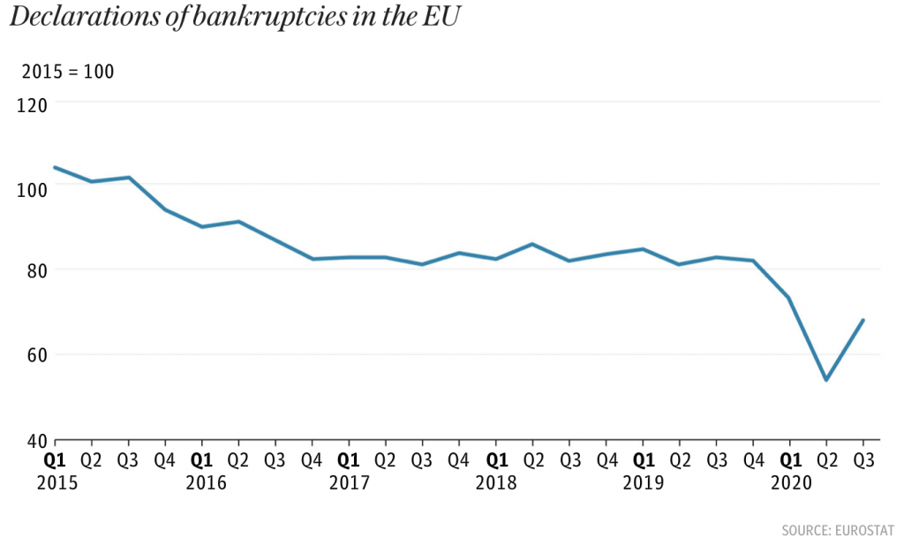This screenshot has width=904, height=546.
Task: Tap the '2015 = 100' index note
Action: (68, 72)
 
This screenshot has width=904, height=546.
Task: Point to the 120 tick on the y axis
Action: (32, 104)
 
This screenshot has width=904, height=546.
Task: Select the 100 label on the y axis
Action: (32, 187)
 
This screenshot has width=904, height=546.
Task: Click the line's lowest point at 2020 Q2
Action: (825, 380)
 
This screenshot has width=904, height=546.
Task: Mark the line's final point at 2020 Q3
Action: (863, 320)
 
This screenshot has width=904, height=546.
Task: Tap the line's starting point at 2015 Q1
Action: (55, 167)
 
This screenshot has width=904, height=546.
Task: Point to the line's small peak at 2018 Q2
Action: (532, 244)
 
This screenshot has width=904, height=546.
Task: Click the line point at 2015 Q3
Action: (129, 178)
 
